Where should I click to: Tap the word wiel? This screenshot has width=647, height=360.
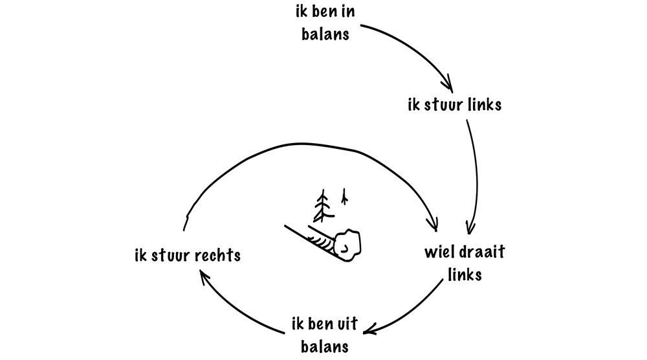pos(439,253)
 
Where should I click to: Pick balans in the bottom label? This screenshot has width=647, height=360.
pos(326,346)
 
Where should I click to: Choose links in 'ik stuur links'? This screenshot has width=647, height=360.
pos(483,105)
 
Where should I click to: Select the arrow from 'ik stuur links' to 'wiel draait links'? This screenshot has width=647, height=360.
pos(477,175)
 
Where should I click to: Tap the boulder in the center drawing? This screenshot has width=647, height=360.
pos(348,244)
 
